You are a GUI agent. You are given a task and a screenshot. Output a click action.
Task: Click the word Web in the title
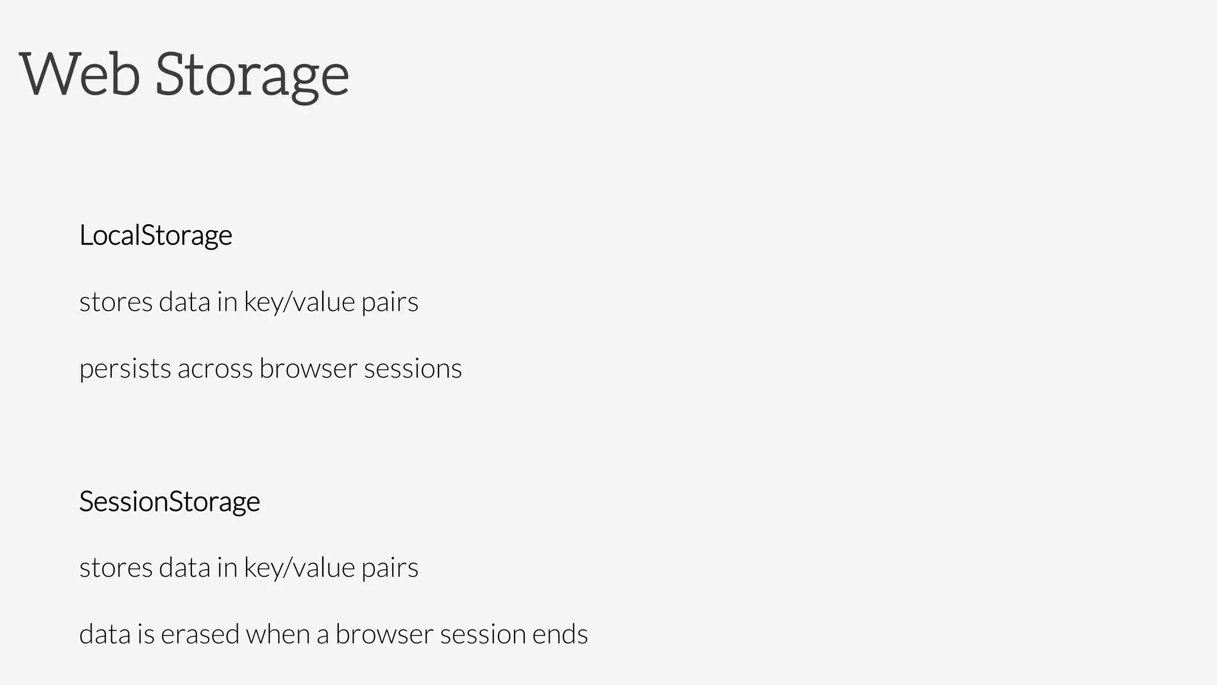point(80,74)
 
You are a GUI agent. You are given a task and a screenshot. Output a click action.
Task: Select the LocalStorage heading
point(156,235)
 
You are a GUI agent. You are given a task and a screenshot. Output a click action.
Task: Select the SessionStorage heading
point(169,502)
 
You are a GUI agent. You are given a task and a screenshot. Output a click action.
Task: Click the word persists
point(125,369)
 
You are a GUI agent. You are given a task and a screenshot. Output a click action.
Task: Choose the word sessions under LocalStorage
point(412,369)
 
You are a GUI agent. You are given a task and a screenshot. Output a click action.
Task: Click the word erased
point(200,634)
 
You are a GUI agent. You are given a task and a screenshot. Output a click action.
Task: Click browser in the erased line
point(384,634)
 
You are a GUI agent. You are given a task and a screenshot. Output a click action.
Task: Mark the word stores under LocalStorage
point(116,303)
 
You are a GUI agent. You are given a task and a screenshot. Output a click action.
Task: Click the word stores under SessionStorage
point(116,568)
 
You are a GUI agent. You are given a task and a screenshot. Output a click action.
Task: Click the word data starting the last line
point(105,634)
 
